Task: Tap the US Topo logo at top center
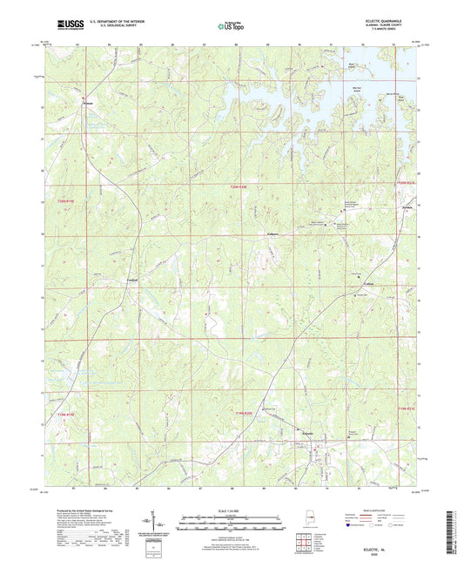pyautogui.click(x=231, y=26)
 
